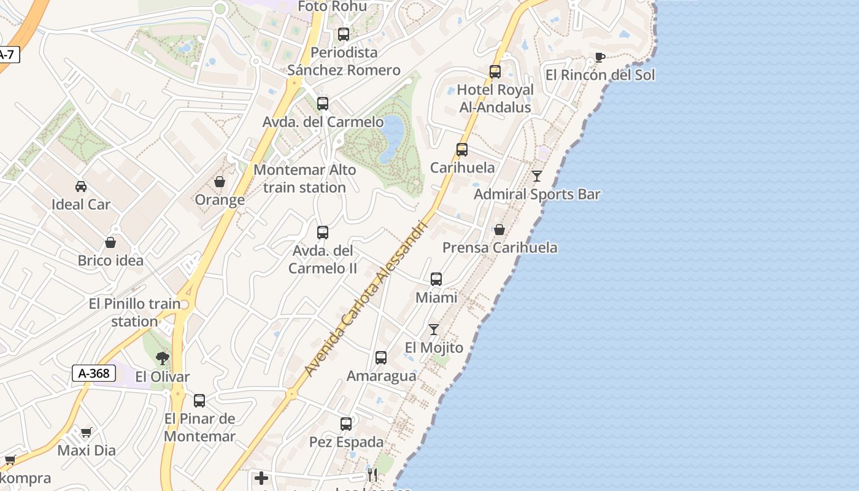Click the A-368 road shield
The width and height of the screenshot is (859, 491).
pyautogui.click(x=94, y=373)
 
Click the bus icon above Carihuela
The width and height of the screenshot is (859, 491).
pyautogui.click(x=462, y=149)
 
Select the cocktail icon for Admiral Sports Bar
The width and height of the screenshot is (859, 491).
pyautogui.click(x=537, y=176)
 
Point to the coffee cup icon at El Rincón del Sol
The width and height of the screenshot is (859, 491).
pyautogui.click(x=599, y=57)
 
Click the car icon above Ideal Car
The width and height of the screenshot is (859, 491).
pyautogui.click(x=81, y=186)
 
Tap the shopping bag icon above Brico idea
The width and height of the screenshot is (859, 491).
pyautogui.click(x=110, y=242)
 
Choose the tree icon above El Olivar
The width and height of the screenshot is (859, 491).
pyautogui.click(x=163, y=358)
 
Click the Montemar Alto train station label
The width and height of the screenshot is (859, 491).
pyautogui.click(x=305, y=179)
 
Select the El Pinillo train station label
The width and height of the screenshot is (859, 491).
pyautogui.click(x=135, y=312)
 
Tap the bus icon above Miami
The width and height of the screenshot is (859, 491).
pyautogui.click(x=436, y=279)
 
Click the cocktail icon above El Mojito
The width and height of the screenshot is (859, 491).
pyautogui.click(x=434, y=330)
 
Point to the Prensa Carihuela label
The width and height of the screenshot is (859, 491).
pyautogui.click(x=500, y=247)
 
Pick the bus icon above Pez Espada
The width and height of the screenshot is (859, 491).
pyautogui.click(x=346, y=423)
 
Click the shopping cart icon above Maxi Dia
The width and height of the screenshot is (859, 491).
pyautogui.click(x=87, y=432)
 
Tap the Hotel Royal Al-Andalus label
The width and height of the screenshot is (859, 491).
pyautogui.click(x=495, y=98)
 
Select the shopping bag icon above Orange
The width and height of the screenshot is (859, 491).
pyautogui.click(x=220, y=182)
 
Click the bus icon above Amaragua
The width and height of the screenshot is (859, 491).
pyautogui.click(x=381, y=357)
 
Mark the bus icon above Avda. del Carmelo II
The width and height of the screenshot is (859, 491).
pyautogui.click(x=323, y=233)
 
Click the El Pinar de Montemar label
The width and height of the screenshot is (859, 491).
pyautogui.click(x=200, y=427)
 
